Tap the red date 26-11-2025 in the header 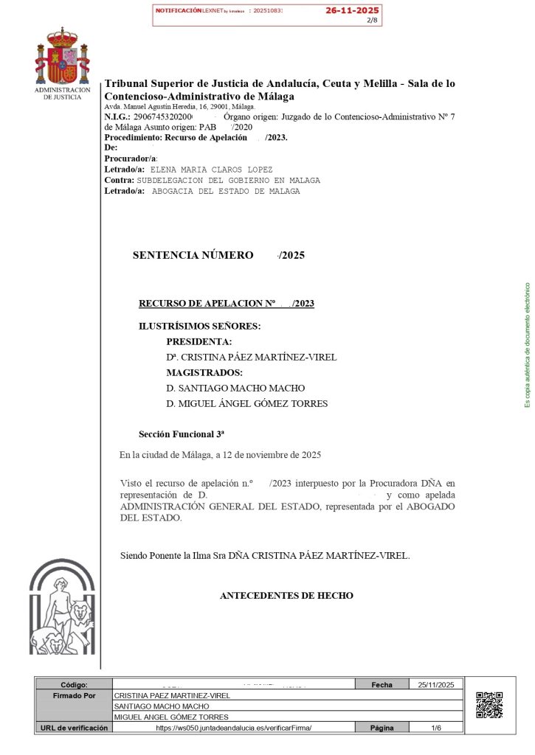pos(352,10)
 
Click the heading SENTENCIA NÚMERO pos(193,256)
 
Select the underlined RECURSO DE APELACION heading pos(227,304)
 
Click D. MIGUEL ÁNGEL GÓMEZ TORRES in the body pos(246,404)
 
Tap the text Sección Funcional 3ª pos(182,434)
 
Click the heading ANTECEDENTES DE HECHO pos(286,596)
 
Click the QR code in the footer pos(489,705)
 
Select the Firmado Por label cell pos(75,695)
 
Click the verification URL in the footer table pos(234,728)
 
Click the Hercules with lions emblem pos(62,608)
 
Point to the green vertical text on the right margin pos(527,345)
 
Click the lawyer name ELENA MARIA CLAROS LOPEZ pos(211,170)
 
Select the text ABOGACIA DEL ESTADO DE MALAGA pos(226,191)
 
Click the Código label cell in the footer pos(75,685)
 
